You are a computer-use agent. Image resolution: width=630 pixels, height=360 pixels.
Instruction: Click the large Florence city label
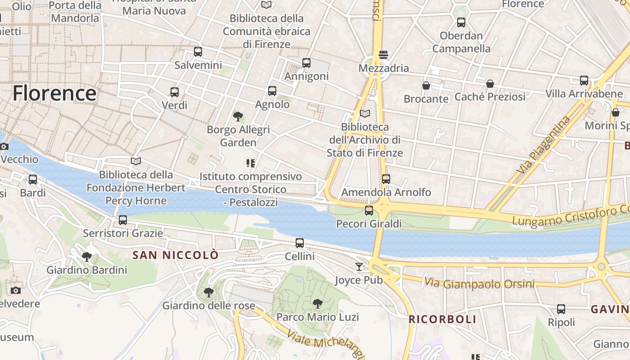54,93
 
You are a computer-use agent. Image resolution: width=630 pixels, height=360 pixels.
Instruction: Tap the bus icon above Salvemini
198,52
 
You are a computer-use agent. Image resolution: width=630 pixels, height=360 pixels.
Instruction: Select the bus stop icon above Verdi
175,92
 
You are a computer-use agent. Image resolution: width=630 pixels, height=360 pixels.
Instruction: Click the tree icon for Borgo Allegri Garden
238,117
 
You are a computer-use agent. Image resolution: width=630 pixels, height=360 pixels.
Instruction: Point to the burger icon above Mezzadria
383,55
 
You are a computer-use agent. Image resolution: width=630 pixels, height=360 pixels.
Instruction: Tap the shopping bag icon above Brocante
426,85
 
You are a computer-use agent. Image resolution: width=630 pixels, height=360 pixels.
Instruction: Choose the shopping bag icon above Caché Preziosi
490,84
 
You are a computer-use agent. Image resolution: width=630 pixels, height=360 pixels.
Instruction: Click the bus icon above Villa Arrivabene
584,81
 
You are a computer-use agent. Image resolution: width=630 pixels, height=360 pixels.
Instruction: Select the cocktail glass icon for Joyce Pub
359,267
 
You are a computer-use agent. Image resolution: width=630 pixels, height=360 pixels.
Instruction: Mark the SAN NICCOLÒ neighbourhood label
175,255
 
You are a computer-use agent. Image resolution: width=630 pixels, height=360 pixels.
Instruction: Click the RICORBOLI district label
442,319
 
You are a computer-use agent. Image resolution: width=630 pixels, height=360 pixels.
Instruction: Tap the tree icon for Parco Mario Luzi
318,304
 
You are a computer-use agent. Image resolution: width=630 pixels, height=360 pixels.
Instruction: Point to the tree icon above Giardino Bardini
87,257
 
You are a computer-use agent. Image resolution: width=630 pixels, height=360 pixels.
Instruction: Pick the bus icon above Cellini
300,243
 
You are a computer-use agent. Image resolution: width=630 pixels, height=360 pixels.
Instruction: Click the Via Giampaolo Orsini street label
479,283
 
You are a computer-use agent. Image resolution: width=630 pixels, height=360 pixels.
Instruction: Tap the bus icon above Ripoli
561,309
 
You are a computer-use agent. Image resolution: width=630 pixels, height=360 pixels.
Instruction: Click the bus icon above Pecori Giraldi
369,210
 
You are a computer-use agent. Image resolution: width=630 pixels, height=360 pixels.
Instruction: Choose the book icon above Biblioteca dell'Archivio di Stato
365,114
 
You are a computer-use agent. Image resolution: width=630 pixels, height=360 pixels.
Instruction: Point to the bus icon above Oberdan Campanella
461,22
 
